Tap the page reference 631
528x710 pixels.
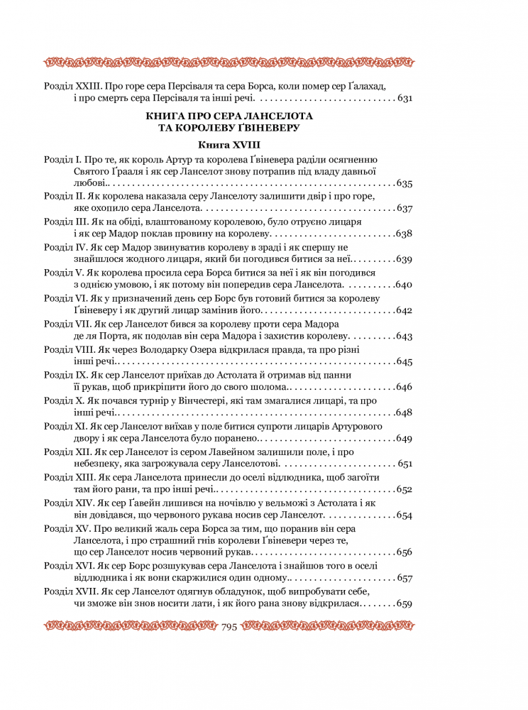click(405, 99)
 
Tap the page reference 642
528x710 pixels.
click(405, 310)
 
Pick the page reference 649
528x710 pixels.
click(405, 438)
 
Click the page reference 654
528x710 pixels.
click(405, 515)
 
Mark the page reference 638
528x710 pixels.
click(405, 234)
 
